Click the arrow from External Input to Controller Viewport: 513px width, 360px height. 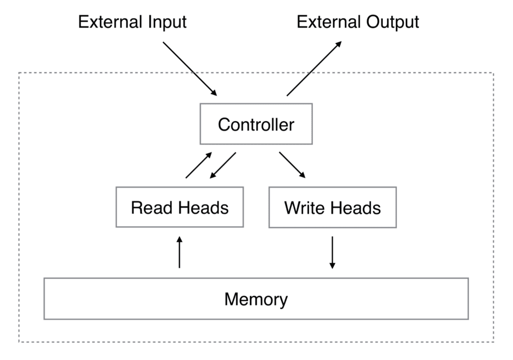(190, 69)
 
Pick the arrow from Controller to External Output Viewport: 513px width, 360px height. (314, 69)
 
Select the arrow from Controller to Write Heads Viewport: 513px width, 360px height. (292, 165)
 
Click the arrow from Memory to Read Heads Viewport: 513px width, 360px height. (179, 252)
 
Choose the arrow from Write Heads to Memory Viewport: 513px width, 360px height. (332, 253)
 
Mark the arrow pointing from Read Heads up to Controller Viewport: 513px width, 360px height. (198, 165)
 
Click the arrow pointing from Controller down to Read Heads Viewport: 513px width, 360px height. (223, 165)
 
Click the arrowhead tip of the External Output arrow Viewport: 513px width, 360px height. (342, 41)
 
